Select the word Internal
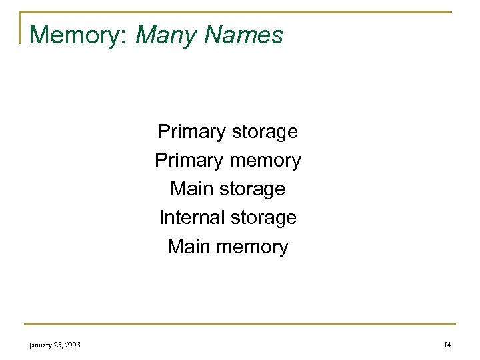[191, 218]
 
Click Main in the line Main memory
[188, 247]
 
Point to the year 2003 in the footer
[73, 343]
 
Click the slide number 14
[447, 343]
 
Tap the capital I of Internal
[162, 218]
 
